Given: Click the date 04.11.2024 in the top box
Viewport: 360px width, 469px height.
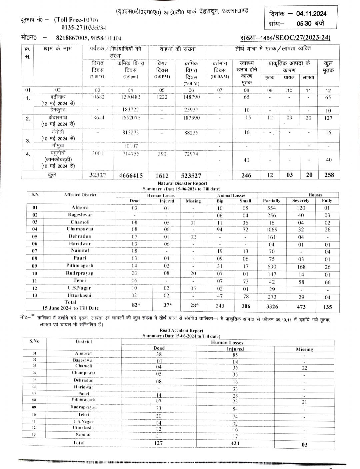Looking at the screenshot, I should (x=311, y=14).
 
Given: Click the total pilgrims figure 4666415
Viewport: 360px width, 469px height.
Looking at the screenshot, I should (x=131, y=175).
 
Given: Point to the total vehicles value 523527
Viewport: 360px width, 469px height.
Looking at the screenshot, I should (x=191, y=175).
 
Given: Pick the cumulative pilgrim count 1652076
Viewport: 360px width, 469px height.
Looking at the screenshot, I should (x=131, y=118).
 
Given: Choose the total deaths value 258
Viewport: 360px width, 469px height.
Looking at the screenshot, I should (x=329, y=175).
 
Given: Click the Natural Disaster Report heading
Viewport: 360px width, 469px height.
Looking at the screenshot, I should (x=182, y=183).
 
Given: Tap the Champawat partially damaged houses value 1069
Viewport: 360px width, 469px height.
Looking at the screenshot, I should (x=272, y=229).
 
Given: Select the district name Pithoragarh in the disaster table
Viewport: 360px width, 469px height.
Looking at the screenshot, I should (x=80, y=266).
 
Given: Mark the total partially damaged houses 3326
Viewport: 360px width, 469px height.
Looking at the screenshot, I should (x=272, y=307).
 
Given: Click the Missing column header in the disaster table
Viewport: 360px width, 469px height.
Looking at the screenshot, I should (x=193, y=201).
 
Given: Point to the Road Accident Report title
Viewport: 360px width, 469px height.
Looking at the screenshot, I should (x=181, y=331).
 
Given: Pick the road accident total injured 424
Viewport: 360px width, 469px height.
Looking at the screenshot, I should (x=235, y=443).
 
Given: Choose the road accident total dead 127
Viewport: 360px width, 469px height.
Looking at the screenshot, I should (x=159, y=443).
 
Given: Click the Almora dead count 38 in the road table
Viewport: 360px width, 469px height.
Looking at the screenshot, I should (x=159, y=354).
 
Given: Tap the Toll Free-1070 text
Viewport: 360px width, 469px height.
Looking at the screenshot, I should (x=76, y=20).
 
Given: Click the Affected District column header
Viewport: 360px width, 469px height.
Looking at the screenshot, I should (x=80, y=195).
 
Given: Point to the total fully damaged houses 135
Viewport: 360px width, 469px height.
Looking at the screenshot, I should (x=328, y=307).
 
